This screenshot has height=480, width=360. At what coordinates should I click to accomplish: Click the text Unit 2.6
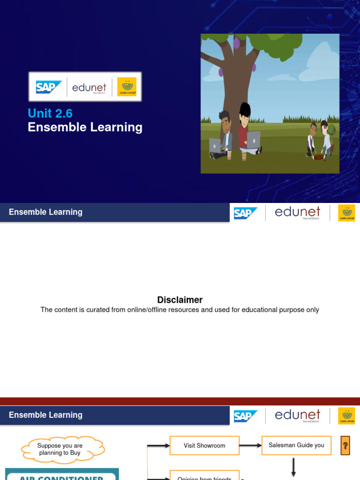click(50, 113)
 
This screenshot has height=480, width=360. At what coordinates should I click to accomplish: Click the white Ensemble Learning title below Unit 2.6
click(85, 127)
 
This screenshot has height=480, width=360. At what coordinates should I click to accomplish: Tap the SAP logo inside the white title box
click(49, 87)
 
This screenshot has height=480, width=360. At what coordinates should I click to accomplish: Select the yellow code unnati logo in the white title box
click(127, 87)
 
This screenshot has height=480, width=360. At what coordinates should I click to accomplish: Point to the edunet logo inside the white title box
click(90, 88)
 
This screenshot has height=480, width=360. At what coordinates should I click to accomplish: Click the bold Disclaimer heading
click(180, 300)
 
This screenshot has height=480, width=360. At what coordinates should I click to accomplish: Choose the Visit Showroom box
click(204, 445)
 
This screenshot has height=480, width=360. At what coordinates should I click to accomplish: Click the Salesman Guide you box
click(296, 445)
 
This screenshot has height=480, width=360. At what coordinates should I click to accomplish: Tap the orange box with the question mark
click(345, 446)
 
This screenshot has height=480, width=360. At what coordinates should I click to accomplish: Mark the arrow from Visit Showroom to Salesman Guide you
click(250, 445)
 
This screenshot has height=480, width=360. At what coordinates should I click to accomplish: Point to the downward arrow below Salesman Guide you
click(294, 467)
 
